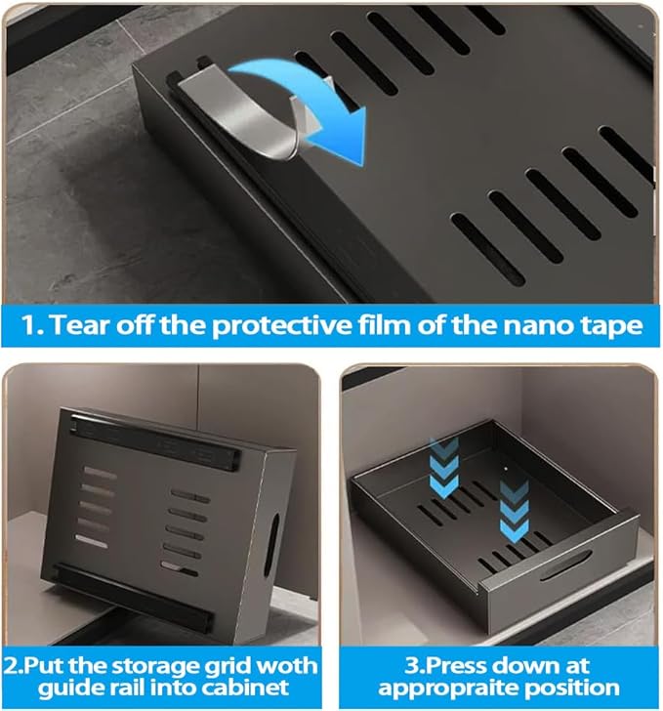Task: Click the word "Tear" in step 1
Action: click(81, 324)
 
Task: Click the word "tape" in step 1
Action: click(611, 326)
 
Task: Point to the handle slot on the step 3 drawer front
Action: click(565, 565)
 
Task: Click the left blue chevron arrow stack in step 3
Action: click(443, 467)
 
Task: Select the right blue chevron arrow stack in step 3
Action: click(515, 511)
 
